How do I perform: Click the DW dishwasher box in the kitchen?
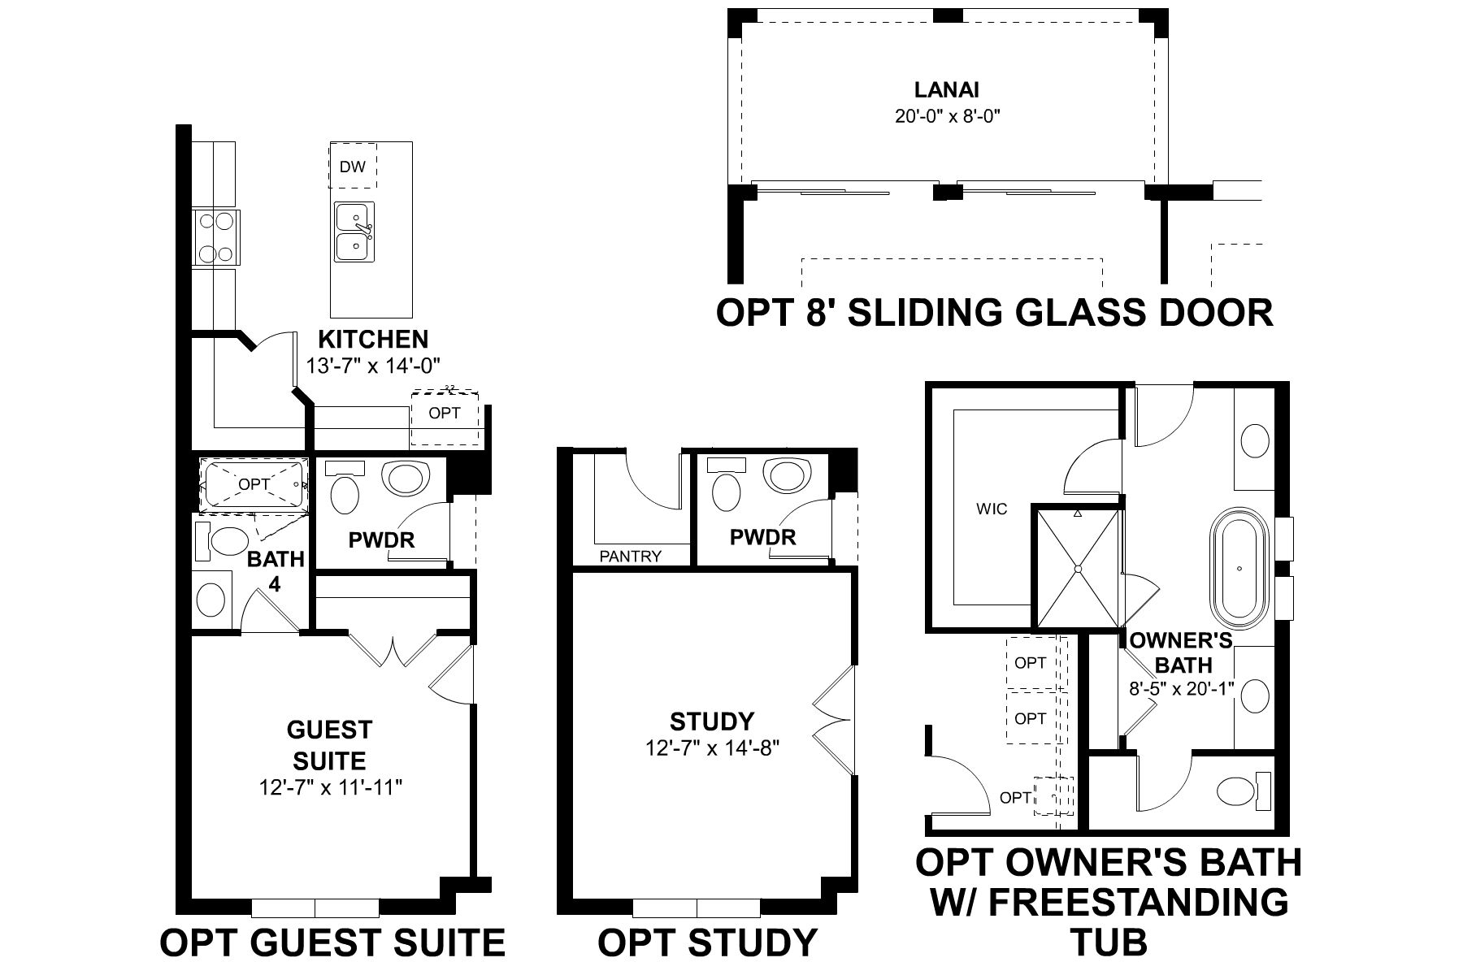click(x=353, y=167)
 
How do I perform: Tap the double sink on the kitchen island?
click(x=354, y=232)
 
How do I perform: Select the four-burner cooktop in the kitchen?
click(x=215, y=236)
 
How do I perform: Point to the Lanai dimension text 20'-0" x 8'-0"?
click(x=947, y=116)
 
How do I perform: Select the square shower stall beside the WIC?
click(x=1077, y=569)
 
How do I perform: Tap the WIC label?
click(x=992, y=509)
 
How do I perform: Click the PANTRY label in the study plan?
click(x=630, y=557)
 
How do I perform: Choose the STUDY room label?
click(x=712, y=721)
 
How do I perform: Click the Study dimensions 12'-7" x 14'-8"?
click(x=712, y=747)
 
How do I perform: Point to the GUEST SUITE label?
click(x=329, y=745)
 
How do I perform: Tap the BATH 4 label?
click(x=276, y=571)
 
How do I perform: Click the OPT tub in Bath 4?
click(x=254, y=484)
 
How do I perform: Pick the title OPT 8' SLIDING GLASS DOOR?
click(x=994, y=313)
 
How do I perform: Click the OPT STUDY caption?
click(x=707, y=942)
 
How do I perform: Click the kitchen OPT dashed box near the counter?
click(x=445, y=414)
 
